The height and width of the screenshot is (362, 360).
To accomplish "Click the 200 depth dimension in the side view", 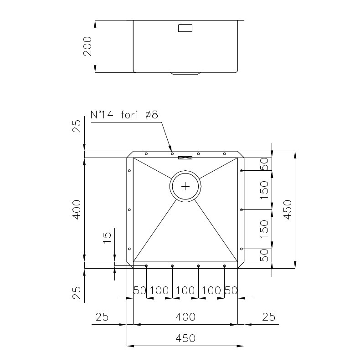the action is (87, 46).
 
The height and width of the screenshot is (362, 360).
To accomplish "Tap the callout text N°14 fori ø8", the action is (124, 114).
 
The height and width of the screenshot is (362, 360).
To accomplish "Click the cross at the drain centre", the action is (185, 186).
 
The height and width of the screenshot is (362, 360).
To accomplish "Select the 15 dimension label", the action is (107, 238).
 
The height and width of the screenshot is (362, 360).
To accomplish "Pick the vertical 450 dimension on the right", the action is (288, 209).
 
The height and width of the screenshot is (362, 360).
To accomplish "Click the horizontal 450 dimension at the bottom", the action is (185, 338).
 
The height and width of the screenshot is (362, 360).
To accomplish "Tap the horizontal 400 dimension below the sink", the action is (185, 317).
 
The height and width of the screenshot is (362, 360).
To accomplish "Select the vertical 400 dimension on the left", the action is (77, 209).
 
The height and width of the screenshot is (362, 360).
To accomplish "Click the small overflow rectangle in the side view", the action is (185, 28).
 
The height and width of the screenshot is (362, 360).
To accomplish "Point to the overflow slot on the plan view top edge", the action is (185, 158).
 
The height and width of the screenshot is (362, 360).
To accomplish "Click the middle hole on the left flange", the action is (129, 209).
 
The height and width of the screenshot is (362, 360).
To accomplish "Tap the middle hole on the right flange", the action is (241, 209).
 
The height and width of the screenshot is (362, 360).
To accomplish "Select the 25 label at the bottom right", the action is (268, 317).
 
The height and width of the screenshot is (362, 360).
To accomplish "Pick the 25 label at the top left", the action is (77, 126).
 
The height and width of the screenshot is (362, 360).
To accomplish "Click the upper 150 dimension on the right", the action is (264, 190).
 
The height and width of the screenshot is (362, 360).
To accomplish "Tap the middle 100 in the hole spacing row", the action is (185, 291).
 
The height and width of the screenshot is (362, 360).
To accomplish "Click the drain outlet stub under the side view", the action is (185, 73).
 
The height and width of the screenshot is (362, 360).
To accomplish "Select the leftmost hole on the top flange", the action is (146, 154).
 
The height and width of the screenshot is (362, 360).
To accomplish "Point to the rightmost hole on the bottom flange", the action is (224, 266).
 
